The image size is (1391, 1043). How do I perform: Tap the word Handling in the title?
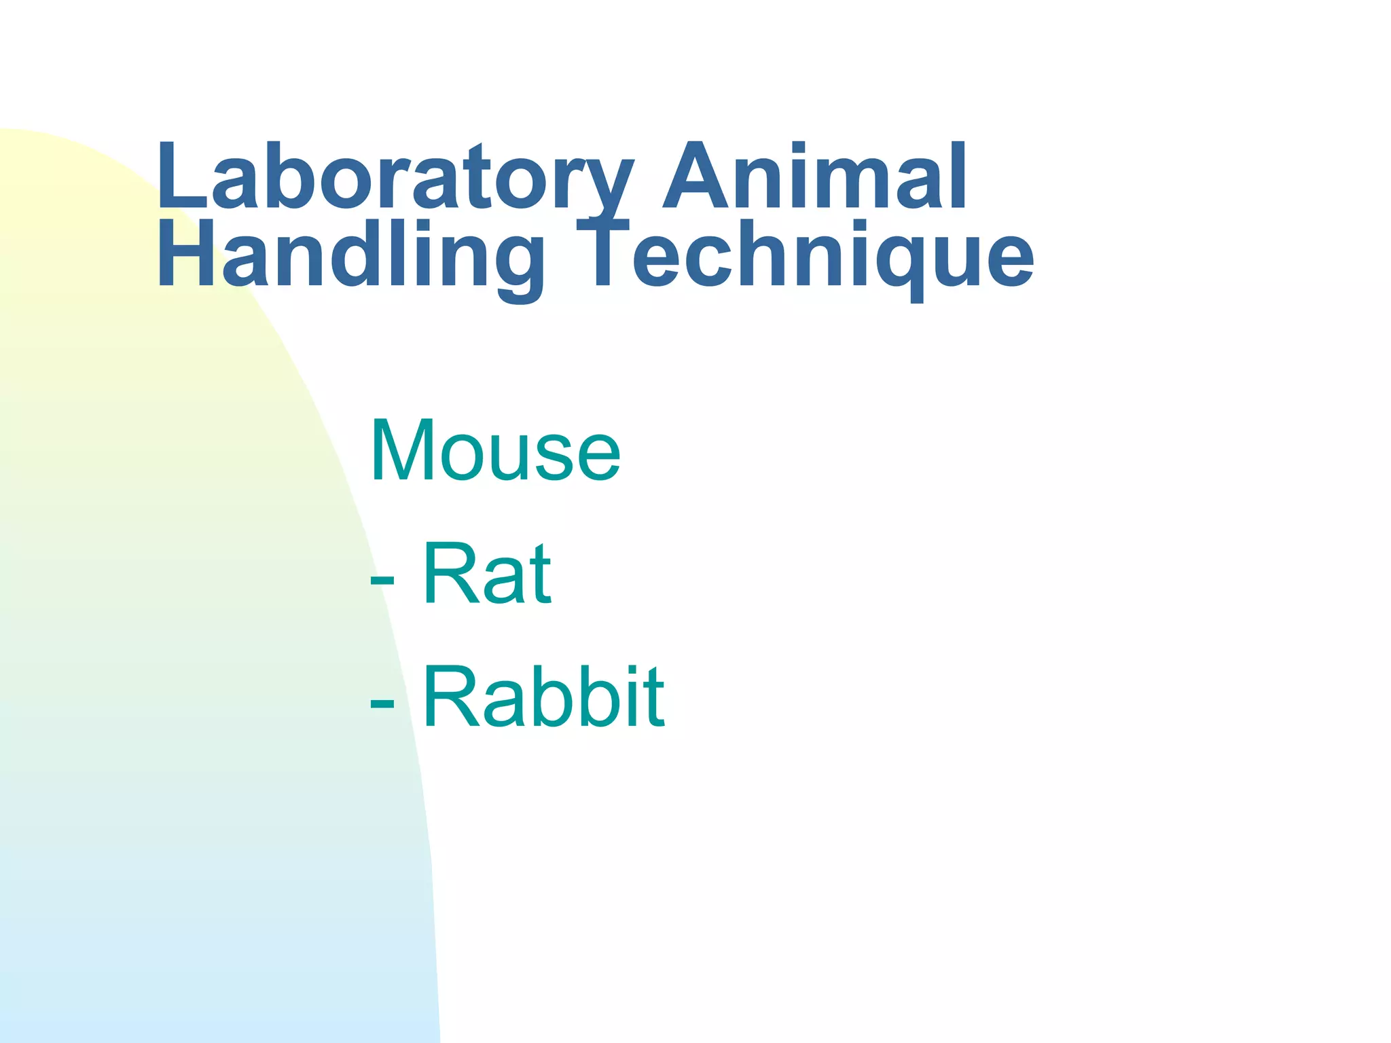coord(350,257)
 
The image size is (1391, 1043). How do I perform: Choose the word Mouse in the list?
coord(495,451)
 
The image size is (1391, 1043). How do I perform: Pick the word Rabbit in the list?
coord(543,697)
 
